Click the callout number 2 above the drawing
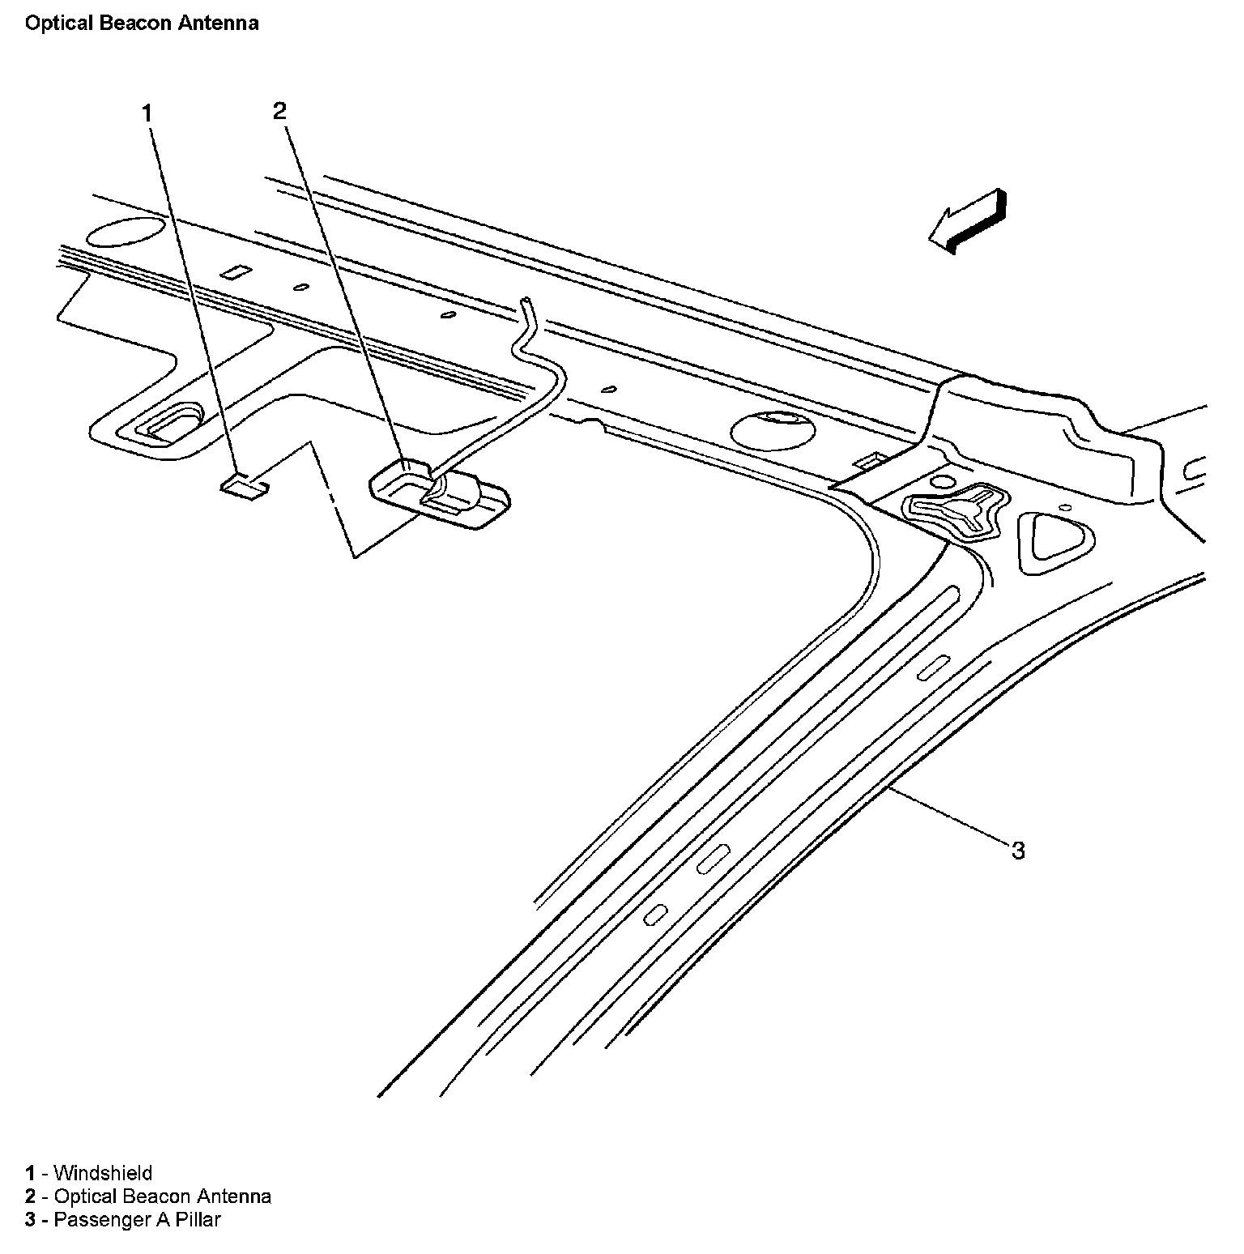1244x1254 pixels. [279, 111]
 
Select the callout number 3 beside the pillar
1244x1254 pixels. [1017, 850]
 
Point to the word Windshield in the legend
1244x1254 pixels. [103, 1172]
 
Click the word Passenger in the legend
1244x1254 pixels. [92, 1219]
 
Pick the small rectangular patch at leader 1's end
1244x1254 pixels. [245, 485]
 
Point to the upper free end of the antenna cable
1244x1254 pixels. [527, 302]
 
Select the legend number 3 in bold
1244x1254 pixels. [30, 1219]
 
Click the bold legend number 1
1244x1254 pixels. [30, 1172]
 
